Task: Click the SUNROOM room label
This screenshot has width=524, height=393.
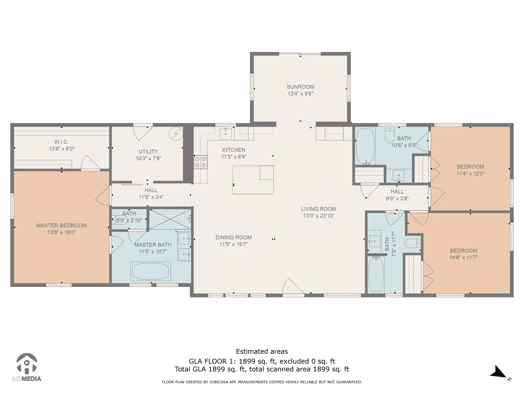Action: coord(300,87)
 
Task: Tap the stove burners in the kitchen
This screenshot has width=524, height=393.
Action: coord(200,162)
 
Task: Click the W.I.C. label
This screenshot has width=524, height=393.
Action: coord(61,142)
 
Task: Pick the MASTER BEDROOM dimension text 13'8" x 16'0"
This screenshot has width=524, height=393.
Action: coord(62,232)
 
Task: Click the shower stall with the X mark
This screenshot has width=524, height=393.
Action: coord(170,219)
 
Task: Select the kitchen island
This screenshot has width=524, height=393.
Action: coord(253,180)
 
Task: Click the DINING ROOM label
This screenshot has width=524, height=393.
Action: coord(234,237)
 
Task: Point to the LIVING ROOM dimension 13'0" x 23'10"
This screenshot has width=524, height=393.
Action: coord(319,216)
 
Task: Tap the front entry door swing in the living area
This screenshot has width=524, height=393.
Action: coord(293,287)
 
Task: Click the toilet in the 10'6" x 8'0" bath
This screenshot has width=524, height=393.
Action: coord(390,136)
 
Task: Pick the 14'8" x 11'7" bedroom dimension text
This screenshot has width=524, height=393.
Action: coord(464,257)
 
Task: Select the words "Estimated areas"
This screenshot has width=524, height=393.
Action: coord(262,352)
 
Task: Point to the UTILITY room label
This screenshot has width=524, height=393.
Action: coord(148,151)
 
